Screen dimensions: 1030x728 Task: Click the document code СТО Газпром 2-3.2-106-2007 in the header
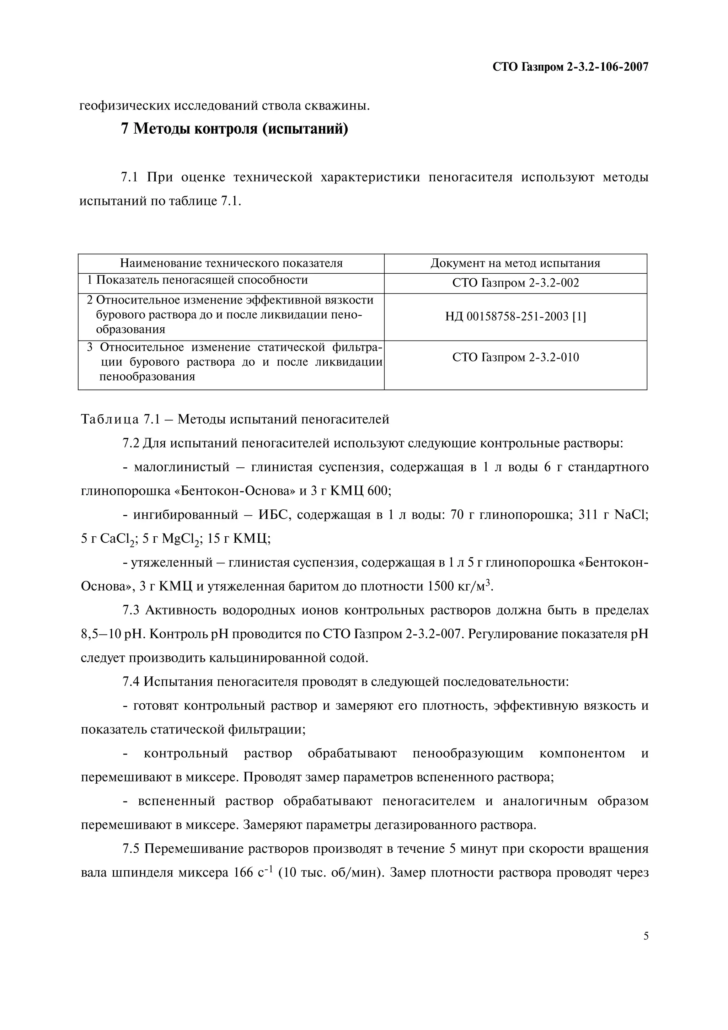[570, 67]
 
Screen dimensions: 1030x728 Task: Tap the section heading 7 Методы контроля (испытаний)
[235, 130]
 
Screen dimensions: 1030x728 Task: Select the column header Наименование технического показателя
[231, 263]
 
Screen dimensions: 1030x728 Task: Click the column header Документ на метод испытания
[515, 263]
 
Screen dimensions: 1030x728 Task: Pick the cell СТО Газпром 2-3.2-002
[515, 283]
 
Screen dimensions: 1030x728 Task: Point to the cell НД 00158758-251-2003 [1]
[515, 317]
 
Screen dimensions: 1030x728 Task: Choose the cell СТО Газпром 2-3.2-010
[515, 358]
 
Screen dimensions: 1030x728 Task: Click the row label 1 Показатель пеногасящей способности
[197, 280]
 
